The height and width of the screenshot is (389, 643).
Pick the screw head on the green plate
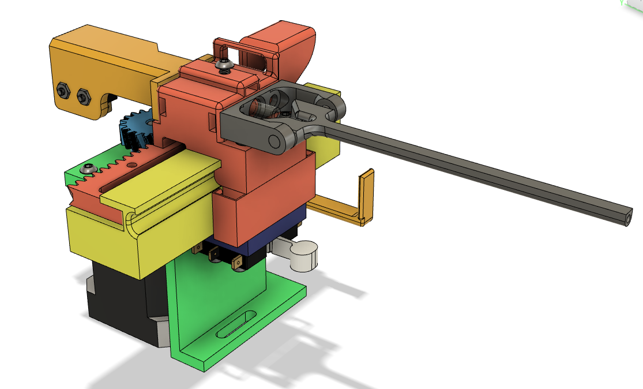point(88,169)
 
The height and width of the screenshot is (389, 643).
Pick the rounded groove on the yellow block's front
point(131,220)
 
